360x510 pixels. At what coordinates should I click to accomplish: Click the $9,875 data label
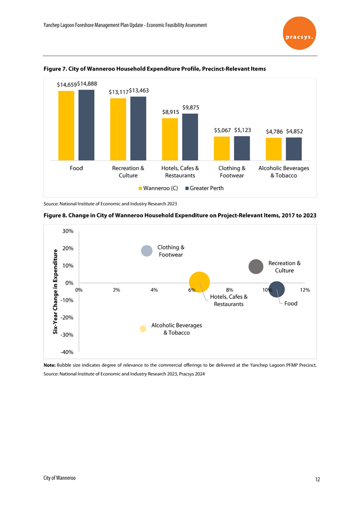click(x=190, y=107)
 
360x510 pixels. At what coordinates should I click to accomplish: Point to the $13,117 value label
click(x=118, y=92)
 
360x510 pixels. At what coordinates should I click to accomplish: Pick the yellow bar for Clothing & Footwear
click(x=222, y=148)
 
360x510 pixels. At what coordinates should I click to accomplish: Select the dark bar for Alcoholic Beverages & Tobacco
click(x=294, y=148)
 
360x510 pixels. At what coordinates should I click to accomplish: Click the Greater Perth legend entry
click(x=204, y=188)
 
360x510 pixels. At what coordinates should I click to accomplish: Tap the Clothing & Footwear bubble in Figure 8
click(x=147, y=250)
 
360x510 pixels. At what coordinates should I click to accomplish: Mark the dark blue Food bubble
click(x=276, y=290)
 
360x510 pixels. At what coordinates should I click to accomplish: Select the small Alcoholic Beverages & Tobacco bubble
click(x=143, y=329)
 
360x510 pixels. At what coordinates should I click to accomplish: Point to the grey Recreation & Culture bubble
click(x=255, y=266)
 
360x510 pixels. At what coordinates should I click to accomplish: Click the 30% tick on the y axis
click(x=67, y=231)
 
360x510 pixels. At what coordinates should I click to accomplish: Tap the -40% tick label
click(x=66, y=352)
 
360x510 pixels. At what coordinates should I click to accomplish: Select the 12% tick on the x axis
click(x=305, y=290)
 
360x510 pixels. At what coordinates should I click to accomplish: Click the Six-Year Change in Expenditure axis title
click(x=56, y=291)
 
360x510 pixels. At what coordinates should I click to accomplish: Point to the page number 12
click(x=317, y=479)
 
